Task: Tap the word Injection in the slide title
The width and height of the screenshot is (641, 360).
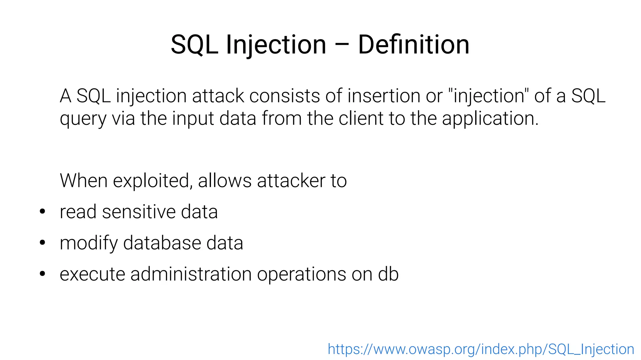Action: [276, 45]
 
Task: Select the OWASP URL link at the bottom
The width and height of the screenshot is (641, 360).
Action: [481, 349]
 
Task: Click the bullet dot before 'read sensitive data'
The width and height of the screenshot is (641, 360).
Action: [43, 212]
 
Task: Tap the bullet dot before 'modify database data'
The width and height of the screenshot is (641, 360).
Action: [43, 243]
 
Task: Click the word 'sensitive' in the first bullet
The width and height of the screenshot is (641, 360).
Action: [139, 212]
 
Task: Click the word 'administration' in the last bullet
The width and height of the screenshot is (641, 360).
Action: [191, 274]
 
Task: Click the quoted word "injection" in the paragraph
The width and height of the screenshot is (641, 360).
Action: [488, 96]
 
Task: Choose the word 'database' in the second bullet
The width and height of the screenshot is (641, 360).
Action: [162, 243]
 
